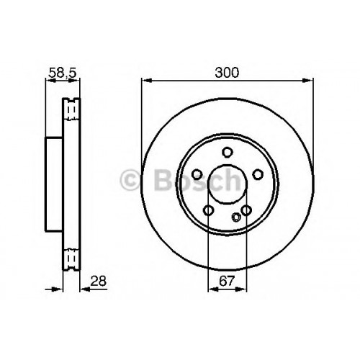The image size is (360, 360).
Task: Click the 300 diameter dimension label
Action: click(227, 72)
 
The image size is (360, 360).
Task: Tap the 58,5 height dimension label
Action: click(63, 73)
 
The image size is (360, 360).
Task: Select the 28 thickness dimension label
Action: click(99, 281)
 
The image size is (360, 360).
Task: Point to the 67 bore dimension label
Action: click(227, 281)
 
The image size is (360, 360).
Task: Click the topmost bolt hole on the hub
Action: click(228, 153)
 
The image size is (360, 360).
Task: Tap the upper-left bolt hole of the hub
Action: click(197, 174)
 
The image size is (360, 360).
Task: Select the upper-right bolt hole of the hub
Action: click(258, 174)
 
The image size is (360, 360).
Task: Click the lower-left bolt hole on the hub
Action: click(209, 210)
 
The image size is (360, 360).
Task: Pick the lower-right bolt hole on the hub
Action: click(246, 210)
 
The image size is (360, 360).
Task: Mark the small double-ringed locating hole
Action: click(236, 217)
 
